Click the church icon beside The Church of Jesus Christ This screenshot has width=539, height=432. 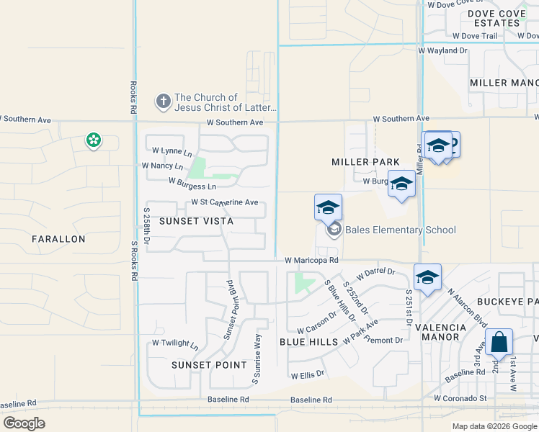pos(164,102)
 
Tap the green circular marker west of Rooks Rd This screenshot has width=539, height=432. pos(93,140)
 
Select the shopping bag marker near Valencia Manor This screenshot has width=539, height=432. pos(499,343)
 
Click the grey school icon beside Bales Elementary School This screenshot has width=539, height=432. pos(334,230)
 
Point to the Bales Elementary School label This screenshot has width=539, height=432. pos(400,230)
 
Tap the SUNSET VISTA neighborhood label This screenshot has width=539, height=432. pos(196,221)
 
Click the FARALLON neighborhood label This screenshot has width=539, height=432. pos(58,238)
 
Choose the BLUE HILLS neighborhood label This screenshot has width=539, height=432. pos(308,342)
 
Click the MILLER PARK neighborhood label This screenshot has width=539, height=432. pos(365,162)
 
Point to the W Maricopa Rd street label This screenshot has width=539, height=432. pos(311,260)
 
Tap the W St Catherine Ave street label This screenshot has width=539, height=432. pos(224,203)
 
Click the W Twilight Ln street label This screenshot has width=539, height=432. pos(174,344)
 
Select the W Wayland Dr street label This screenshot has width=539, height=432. pos(442,51)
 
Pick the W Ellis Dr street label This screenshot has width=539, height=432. pos(308,375)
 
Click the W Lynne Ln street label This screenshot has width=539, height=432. pos(172,151)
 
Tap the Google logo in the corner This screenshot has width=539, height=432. pos(24,423)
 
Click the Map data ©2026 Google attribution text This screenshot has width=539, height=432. pos(494,426)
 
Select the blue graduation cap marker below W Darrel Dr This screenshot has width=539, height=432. pos(427,277)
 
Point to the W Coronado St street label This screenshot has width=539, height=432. pos(460,398)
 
